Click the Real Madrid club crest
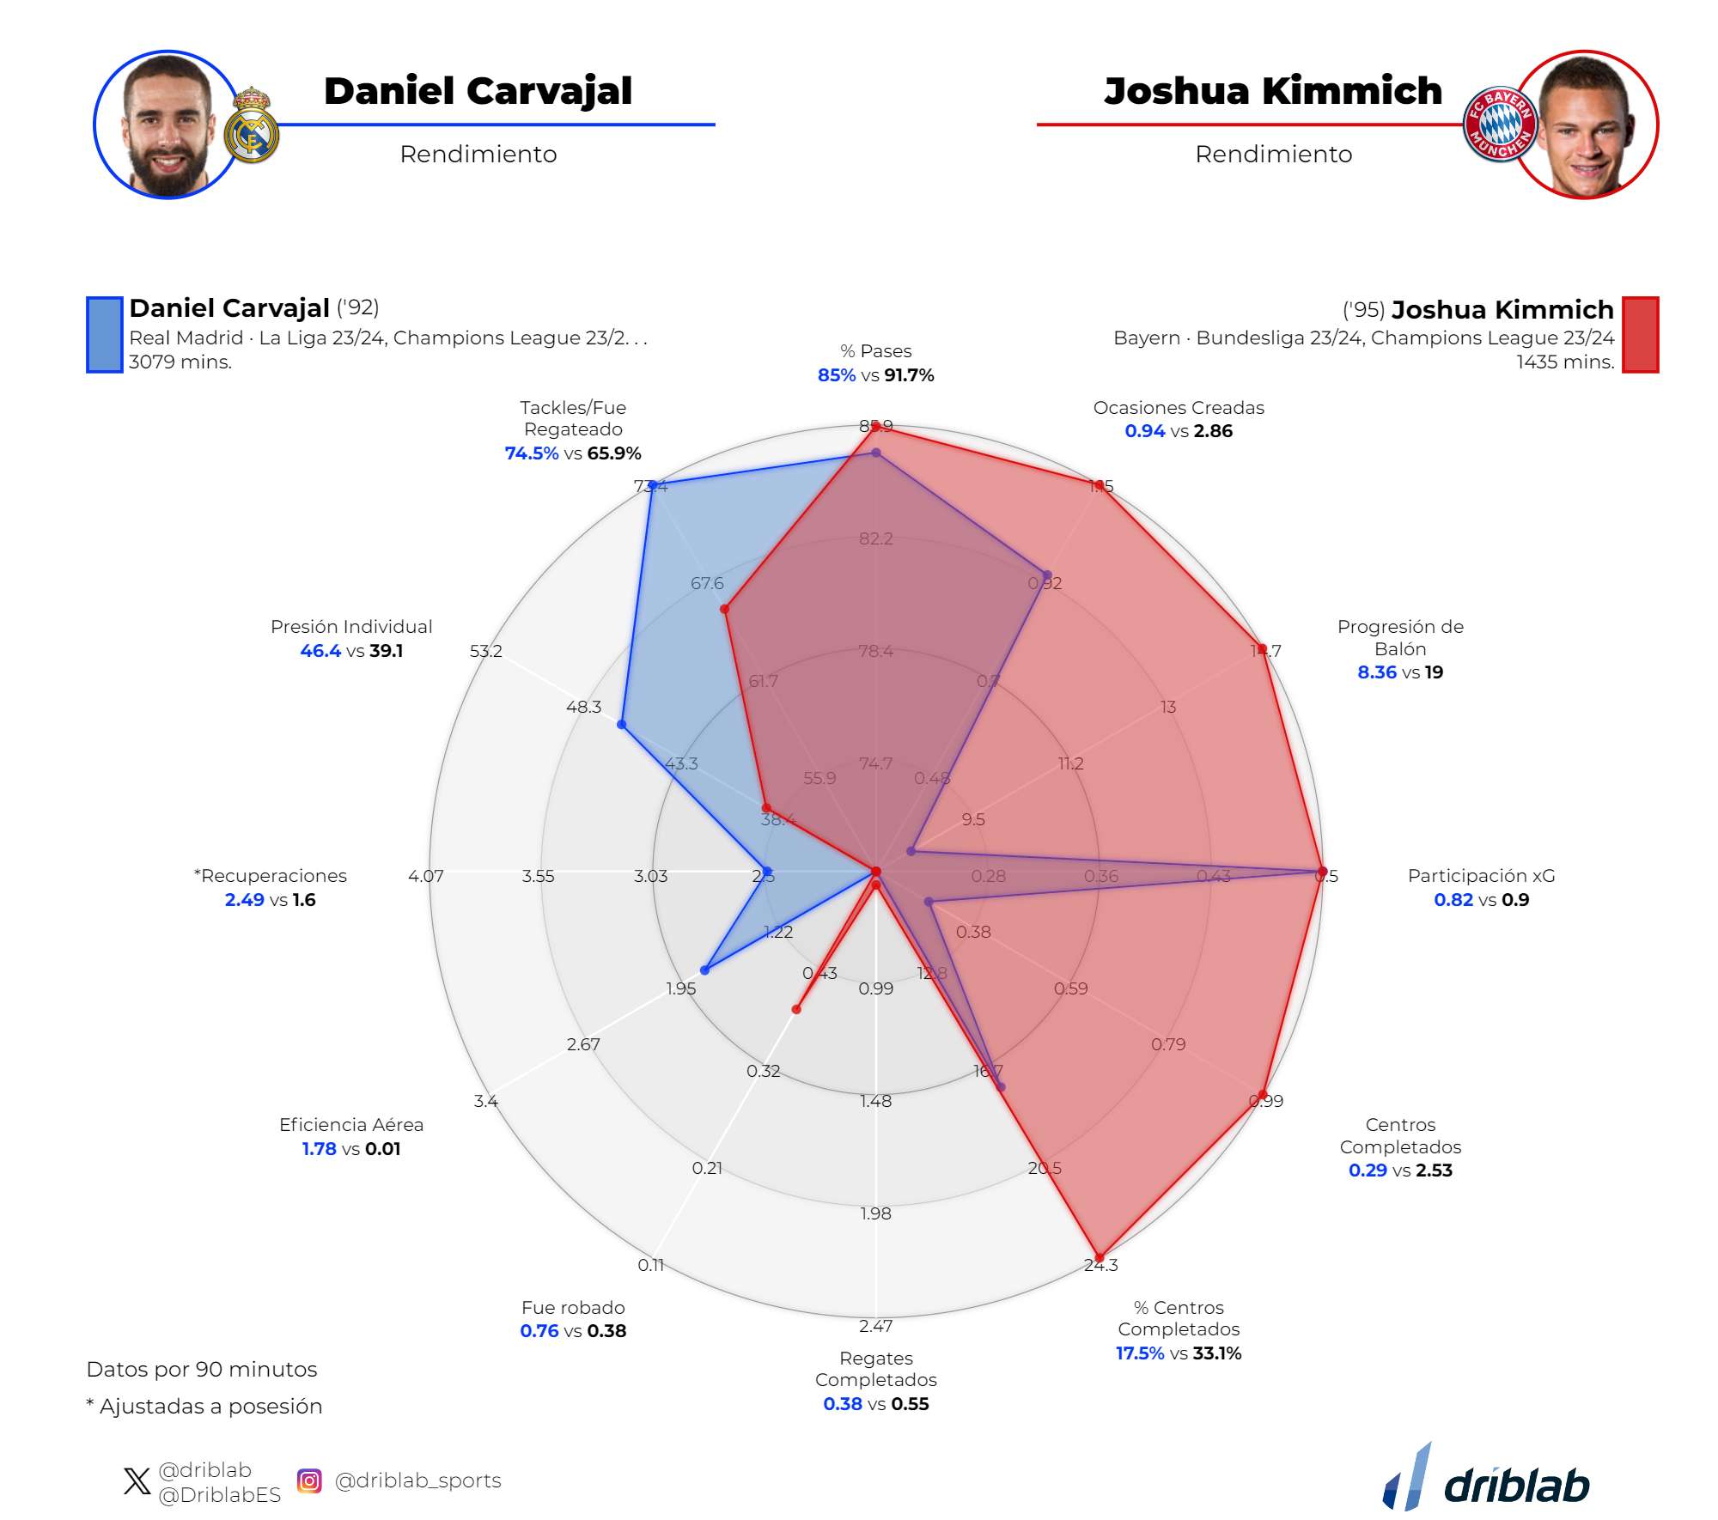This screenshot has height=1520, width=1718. pos(252,126)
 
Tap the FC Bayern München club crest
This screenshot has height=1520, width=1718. pos(1500,125)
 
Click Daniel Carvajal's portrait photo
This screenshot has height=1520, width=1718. pos(168,125)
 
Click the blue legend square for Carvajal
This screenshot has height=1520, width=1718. pos(104,335)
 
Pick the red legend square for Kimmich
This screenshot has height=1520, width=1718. pos(1640,335)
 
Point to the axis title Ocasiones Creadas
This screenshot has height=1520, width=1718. pos(1178,408)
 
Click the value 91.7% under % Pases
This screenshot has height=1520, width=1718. pos(909,375)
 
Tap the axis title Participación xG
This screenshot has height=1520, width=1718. pos(1481,876)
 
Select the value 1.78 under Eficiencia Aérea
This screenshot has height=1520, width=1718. pos(319,1149)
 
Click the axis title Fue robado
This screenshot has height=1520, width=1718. pos(573,1308)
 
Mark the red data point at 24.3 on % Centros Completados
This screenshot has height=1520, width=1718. pos(1099,1258)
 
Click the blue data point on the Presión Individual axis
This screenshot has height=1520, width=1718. pos(622,725)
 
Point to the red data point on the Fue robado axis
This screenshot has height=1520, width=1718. pos(796,1010)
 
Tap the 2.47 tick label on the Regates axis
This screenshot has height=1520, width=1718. pos(875,1327)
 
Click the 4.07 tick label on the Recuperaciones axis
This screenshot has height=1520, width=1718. pos(425,876)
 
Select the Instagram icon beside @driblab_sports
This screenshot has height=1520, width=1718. pos(309,1480)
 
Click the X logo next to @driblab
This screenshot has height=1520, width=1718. pos(137,1481)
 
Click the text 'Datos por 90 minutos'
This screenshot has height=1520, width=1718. pos(202,1370)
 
